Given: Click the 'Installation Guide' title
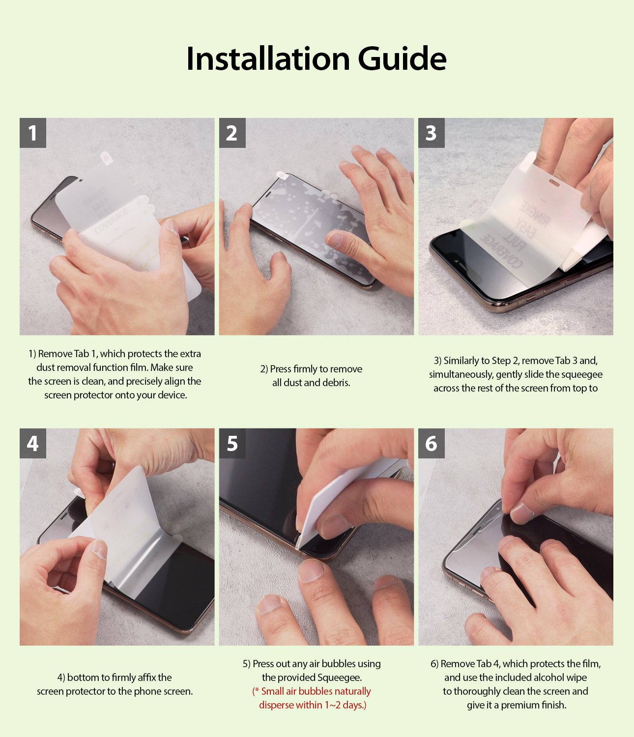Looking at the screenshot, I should (x=317, y=58).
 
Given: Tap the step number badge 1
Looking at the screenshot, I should (x=33, y=133).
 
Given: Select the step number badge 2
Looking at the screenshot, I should (x=232, y=133).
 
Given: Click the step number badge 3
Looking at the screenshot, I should (x=431, y=133).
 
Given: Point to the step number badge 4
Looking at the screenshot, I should (x=33, y=444).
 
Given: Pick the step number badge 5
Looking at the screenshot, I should (x=232, y=444).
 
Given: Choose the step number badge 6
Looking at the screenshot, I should (x=431, y=444).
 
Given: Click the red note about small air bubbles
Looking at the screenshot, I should (x=312, y=698).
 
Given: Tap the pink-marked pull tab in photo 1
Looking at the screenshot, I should (x=106, y=157).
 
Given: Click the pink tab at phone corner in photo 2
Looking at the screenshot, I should (x=282, y=175).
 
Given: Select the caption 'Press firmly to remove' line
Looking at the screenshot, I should (x=311, y=369).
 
